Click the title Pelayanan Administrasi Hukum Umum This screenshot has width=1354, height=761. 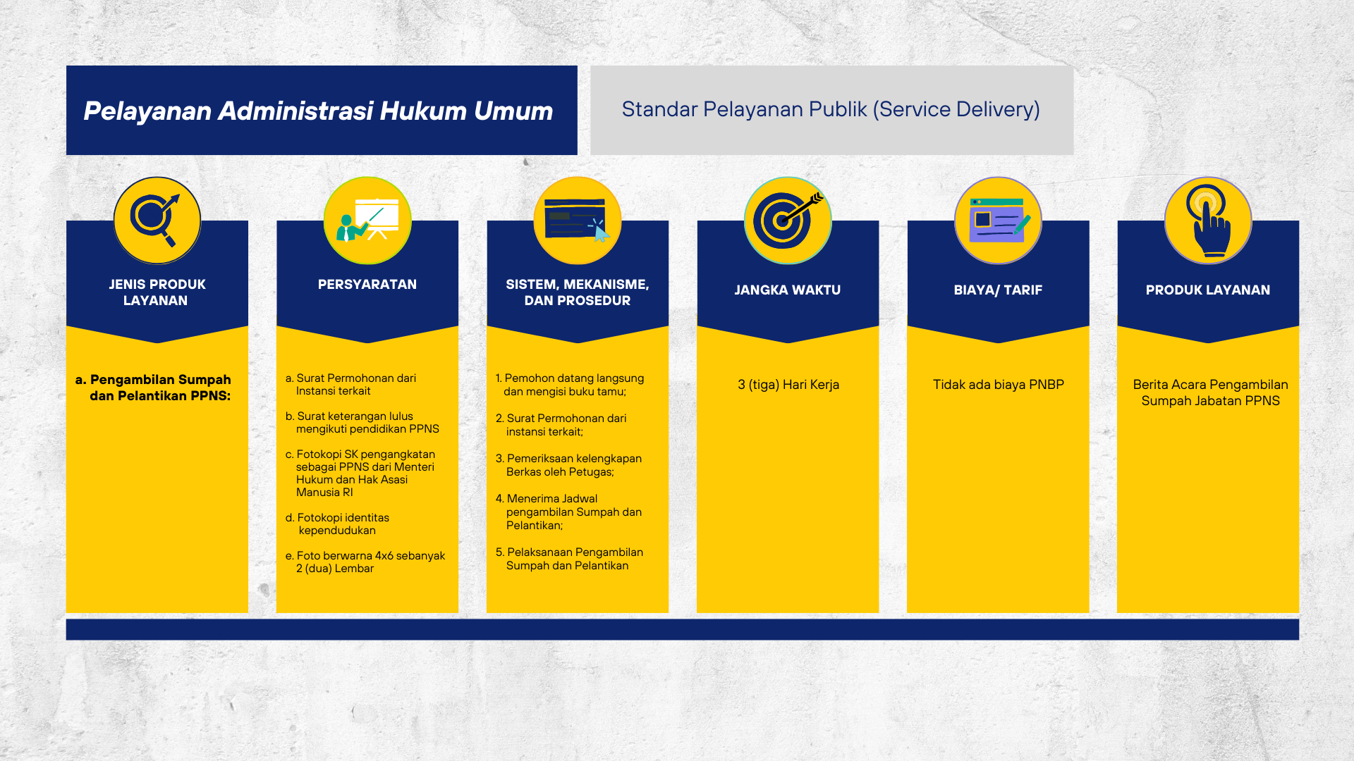click(318, 111)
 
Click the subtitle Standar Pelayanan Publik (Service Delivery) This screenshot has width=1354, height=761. click(831, 109)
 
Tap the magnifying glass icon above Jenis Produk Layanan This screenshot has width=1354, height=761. click(157, 221)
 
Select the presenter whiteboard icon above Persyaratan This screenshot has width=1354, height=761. click(367, 221)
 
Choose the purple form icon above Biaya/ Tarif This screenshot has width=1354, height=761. click(998, 221)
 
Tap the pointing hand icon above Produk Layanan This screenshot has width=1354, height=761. click(1208, 221)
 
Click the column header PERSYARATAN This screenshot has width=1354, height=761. click(367, 285)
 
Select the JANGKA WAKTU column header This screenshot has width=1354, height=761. click(788, 290)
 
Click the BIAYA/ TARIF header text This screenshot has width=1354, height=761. click(998, 290)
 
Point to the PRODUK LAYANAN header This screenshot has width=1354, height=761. click(1208, 290)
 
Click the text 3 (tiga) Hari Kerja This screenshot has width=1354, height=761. click(788, 385)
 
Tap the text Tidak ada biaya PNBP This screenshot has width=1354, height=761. click(999, 385)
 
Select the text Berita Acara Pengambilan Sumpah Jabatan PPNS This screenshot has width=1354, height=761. click(1210, 392)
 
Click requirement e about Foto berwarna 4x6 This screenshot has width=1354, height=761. click(365, 562)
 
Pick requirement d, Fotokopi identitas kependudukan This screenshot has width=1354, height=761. click(337, 524)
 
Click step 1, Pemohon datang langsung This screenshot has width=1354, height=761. click(570, 385)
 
